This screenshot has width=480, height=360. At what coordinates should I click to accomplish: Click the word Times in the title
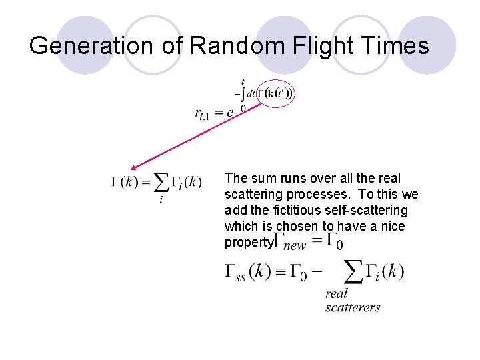tap(395, 45)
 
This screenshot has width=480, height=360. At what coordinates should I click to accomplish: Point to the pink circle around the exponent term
tap(275, 94)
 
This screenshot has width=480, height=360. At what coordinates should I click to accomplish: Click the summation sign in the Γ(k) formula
tap(161, 182)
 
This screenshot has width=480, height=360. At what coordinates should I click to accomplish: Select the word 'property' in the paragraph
tap(247, 243)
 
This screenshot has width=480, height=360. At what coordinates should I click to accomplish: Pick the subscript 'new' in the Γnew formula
tap(293, 245)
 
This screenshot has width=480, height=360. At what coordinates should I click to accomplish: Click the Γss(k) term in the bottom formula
tap(250, 273)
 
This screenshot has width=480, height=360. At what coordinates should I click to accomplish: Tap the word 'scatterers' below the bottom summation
tap(353, 307)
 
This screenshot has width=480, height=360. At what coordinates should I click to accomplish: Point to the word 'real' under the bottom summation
tap(337, 294)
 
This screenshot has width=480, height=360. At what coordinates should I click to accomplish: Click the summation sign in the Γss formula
tap(353, 271)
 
